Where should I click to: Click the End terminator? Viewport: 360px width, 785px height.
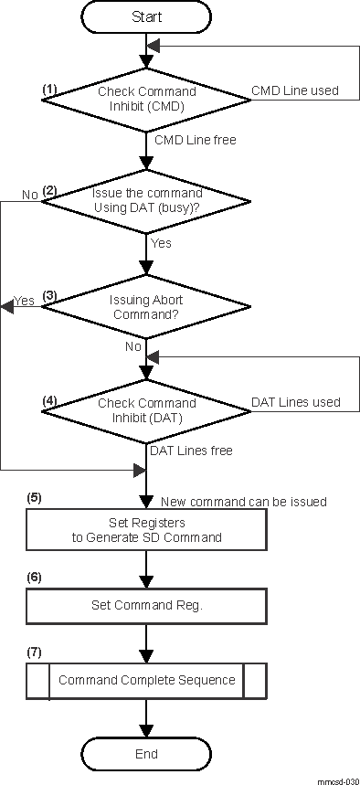[146, 754]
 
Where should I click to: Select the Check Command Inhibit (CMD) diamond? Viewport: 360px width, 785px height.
[146, 98]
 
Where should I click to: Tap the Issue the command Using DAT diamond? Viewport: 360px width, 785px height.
[146, 201]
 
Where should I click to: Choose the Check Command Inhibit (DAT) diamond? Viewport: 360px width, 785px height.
[146, 410]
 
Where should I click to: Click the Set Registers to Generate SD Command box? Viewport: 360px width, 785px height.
[146, 530]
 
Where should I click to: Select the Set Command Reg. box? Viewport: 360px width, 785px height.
[146, 605]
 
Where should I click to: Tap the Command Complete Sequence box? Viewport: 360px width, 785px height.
[146, 680]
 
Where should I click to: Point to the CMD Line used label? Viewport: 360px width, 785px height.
[294, 90]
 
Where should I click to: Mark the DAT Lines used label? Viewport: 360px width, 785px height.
[295, 402]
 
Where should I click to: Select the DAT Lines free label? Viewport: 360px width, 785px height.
[191, 451]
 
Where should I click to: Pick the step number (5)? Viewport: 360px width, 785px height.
[35, 499]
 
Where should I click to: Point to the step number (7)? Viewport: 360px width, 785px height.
[35, 652]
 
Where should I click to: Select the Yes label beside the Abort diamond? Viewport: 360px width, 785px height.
[24, 301]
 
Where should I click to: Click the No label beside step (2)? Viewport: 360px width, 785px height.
[29, 195]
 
